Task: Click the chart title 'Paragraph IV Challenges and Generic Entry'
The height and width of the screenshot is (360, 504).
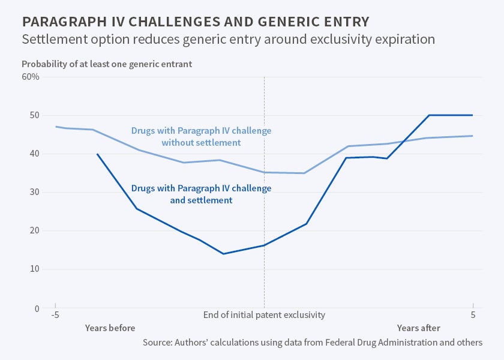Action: click(196, 22)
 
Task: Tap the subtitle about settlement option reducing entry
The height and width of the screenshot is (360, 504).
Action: click(229, 40)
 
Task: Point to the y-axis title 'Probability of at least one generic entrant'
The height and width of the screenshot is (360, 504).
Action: click(107, 64)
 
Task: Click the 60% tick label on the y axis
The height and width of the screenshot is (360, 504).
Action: click(31, 77)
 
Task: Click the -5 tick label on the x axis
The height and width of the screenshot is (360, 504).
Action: click(55, 314)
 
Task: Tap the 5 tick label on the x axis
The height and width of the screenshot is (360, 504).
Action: click(473, 314)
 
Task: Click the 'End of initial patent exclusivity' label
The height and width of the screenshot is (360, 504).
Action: click(264, 314)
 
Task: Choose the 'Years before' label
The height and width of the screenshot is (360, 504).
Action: click(110, 328)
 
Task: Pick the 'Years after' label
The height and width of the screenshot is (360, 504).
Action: click(418, 328)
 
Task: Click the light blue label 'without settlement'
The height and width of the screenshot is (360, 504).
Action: click(201, 143)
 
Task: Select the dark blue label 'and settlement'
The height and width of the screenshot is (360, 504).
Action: click(201, 200)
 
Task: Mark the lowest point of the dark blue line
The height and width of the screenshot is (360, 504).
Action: click(223, 254)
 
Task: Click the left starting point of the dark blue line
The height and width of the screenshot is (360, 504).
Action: click(97, 154)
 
